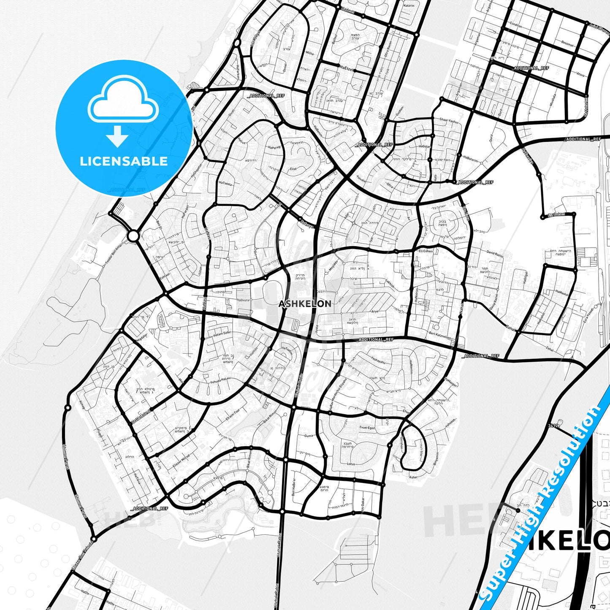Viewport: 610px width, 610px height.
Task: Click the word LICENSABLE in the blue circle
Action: [x=124, y=161]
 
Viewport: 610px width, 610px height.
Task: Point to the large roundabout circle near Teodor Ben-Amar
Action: [x=133, y=236]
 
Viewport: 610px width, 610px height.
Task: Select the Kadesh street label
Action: [x=336, y=10]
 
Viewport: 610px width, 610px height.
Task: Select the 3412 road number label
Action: [x=553, y=426]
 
